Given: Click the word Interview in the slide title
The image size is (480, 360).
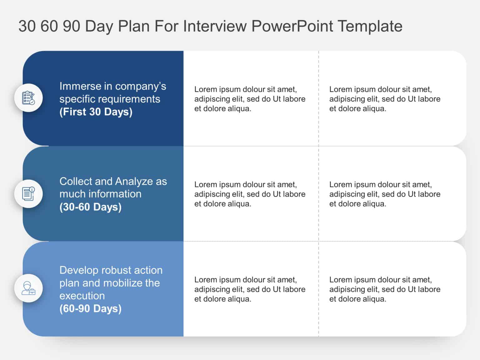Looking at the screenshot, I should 215,26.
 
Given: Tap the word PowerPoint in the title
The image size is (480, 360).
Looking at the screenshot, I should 292,26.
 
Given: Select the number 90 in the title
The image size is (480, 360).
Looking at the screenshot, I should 72,26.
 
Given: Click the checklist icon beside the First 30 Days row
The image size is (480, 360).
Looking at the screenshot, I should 28,98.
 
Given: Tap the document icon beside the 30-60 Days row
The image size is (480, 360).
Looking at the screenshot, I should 28,194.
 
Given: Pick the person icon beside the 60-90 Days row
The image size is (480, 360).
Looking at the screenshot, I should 28,288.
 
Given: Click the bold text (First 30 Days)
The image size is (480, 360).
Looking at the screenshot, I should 96,112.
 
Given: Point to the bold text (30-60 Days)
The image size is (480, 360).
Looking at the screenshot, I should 90,207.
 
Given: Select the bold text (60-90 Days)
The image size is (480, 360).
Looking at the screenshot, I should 90,309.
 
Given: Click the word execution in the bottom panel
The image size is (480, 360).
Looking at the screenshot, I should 82,296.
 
